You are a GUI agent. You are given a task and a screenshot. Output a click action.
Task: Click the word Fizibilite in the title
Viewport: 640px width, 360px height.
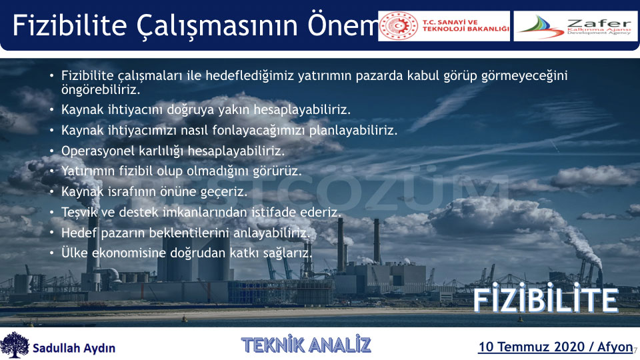(x=70, y=25)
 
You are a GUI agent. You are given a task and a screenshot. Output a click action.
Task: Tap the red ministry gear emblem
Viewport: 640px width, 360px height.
(x=399, y=26)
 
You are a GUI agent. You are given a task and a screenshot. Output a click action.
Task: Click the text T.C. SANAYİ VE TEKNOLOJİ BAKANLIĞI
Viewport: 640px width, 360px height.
(x=466, y=26)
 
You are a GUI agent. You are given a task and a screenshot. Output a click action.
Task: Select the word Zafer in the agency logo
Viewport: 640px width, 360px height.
(x=599, y=23)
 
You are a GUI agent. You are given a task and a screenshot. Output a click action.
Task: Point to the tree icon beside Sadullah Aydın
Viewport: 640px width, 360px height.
(x=15, y=345)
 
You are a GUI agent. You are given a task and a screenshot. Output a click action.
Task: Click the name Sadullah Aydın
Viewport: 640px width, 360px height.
(x=74, y=348)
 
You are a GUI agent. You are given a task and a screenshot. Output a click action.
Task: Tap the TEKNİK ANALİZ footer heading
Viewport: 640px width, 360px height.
(x=306, y=345)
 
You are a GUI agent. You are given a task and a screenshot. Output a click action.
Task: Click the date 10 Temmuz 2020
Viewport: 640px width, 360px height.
(x=531, y=347)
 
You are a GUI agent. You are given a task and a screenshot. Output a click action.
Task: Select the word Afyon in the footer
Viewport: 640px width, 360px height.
(x=615, y=347)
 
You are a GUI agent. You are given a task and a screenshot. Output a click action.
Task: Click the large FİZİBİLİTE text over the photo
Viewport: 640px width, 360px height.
(x=546, y=298)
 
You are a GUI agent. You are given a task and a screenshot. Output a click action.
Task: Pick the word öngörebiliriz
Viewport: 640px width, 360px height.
(x=101, y=90)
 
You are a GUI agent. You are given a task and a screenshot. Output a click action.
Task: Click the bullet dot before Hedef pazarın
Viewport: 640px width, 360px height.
(x=51, y=233)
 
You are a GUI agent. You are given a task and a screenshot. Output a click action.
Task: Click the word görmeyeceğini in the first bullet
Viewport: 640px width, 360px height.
(x=525, y=76)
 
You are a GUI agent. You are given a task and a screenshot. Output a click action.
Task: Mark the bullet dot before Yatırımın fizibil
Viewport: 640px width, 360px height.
(x=51, y=171)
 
